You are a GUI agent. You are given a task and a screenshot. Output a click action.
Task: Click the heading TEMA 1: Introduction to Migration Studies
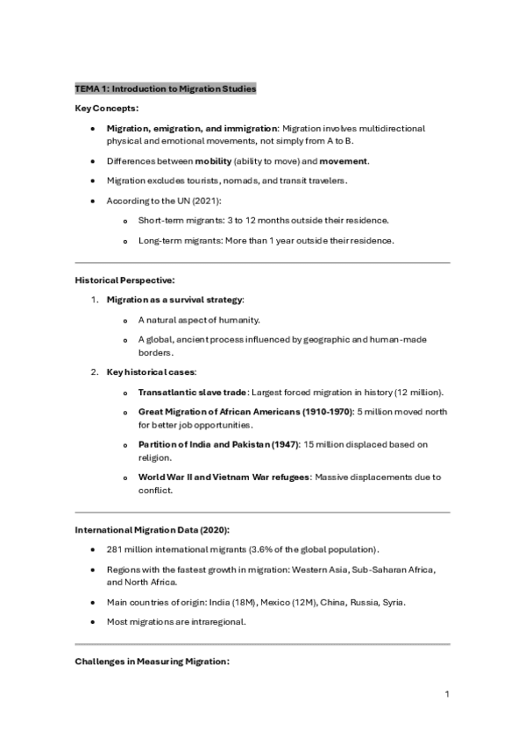[x=166, y=88]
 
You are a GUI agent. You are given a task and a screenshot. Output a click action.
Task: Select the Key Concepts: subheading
[x=106, y=108]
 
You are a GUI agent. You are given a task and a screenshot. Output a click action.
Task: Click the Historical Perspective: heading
[x=124, y=280]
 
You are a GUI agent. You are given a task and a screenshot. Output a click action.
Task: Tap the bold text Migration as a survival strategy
[x=174, y=300]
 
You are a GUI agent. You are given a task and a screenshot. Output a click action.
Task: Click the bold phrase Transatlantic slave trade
[x=192, y=392]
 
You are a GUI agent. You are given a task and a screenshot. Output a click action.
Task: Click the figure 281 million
[x=129, y=549]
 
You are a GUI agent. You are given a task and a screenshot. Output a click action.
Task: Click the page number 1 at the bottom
[x=447, y=694]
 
